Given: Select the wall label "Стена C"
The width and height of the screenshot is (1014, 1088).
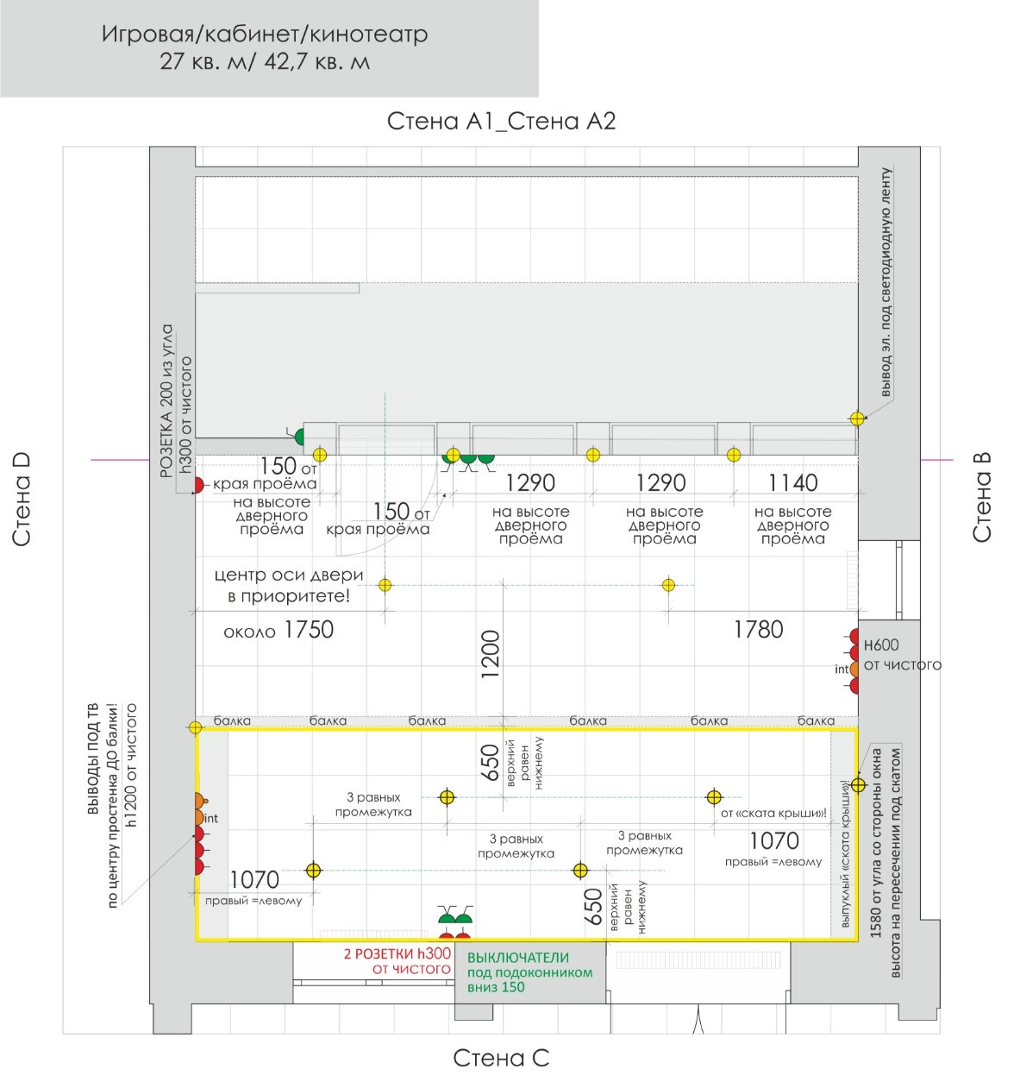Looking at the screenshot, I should click(x=501, y=1058).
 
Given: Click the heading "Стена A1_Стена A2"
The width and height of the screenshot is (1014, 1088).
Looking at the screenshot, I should click(x=501, y=120).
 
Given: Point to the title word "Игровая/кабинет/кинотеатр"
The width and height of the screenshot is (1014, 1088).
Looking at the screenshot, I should click(x=265, y=35).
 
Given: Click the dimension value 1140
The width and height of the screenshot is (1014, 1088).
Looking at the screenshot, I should click(x=792, y=482).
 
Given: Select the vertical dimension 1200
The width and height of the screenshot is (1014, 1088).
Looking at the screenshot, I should click(x=490, y=654).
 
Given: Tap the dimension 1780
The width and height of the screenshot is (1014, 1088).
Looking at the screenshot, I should click(x=758, y=630).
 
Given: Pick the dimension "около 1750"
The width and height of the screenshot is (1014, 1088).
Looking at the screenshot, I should click(x=278, y=630).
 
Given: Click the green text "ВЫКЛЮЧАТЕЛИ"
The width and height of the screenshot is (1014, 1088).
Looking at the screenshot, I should click(x=517, y=957).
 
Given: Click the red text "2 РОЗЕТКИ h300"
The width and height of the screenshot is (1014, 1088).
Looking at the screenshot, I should click(x=397, y=953).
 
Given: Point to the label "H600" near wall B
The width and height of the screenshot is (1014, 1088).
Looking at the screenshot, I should click(x=880, y=645).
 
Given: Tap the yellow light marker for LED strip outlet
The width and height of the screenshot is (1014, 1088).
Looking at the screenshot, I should click(x=857, y=418).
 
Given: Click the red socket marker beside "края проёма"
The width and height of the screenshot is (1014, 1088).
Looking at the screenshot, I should click(x=198, y=485).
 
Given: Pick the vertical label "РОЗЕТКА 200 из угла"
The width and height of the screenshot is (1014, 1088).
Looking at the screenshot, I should click(x=167, y=400).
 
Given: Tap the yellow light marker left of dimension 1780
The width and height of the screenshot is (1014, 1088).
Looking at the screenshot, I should click(x=668, y=585).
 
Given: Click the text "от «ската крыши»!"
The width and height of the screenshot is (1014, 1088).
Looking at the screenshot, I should click(x=773, y=813).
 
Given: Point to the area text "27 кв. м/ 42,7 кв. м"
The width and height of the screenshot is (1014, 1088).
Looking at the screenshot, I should click(x=265, y=62).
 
